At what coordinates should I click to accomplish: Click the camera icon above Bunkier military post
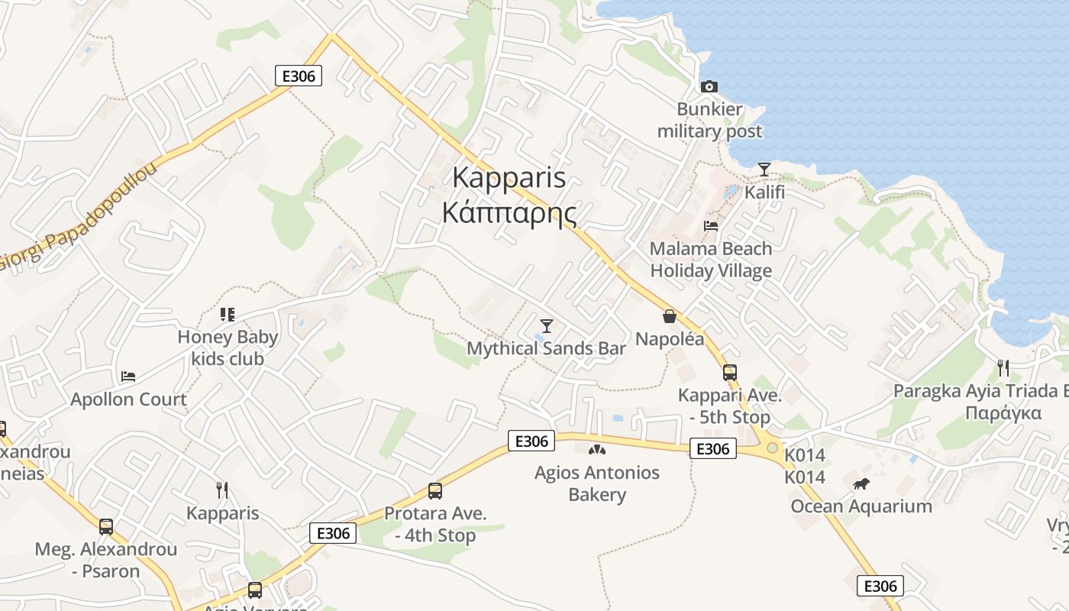(709, 86)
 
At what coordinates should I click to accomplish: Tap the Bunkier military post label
(709, 121)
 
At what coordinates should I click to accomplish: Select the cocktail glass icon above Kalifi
(764, 169)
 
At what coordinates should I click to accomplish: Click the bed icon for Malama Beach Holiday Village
(711, 226)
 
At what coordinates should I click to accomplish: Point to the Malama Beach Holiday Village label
(711, 260)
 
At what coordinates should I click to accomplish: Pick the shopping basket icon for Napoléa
(670, 316)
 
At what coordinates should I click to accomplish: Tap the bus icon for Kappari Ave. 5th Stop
(730, 373)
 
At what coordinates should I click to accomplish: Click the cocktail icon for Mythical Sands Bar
(546, 326)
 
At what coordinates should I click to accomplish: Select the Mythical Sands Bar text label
(546, 349)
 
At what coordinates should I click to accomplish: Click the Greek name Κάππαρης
(509, 213)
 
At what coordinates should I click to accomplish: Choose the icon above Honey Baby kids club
(227, 315)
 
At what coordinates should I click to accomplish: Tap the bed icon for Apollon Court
(128, 377)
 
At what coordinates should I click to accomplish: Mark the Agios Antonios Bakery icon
(597, 450)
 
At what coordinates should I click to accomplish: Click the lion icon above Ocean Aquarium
(861, 483)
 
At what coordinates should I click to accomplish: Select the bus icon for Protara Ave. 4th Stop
(435, 491)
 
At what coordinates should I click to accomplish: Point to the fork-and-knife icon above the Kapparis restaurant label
(222, 490)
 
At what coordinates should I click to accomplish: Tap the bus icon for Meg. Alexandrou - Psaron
(106, 526)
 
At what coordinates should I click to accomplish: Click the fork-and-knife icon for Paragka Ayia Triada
(1003, 368)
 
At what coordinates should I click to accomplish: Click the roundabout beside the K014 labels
(773, 448)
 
